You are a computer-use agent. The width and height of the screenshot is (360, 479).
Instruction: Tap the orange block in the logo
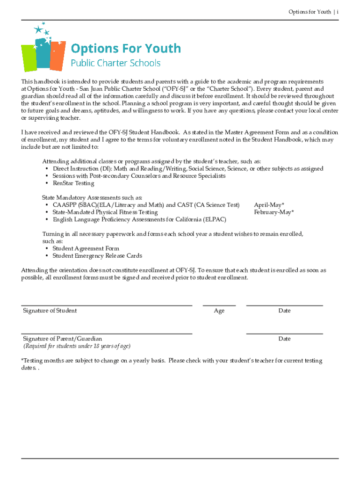tap(57, 54)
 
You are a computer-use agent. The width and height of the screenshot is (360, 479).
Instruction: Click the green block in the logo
tap(28, 58)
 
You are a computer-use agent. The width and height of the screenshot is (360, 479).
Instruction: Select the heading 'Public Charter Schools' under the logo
tap(115, 63)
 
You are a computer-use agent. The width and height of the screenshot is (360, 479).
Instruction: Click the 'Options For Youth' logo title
tap(125, 48)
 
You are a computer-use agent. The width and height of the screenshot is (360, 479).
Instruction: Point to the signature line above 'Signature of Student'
tap(107, 305)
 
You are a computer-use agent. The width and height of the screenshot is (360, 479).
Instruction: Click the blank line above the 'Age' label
tap(219, 305)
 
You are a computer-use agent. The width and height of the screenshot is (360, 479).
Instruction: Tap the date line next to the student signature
tap(284, 305)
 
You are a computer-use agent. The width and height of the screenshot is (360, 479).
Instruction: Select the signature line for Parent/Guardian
tap(107, 334)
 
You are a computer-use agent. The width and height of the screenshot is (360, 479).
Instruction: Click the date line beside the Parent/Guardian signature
tap(284, 334)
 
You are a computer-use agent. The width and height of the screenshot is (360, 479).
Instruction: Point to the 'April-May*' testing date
tap(269, 205)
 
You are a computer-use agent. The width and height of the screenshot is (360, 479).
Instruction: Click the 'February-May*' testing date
tap(274, 212)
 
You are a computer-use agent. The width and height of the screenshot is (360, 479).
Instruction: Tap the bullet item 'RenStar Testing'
tap(73, 183)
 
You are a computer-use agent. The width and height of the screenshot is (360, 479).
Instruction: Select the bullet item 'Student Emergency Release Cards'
tap(97, 256)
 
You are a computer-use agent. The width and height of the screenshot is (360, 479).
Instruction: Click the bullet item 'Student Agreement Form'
tap(86, 248)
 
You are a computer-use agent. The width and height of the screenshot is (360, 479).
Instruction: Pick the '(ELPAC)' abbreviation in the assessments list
tap(215, 219)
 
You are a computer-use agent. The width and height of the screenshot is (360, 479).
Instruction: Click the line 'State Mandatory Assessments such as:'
tap(92, 198)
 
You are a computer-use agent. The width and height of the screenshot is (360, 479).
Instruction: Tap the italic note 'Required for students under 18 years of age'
tap(77, 346)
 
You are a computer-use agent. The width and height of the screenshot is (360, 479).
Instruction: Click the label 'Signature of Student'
tap(50, 311)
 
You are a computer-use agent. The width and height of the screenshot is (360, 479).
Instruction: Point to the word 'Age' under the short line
tap(219, 311)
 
